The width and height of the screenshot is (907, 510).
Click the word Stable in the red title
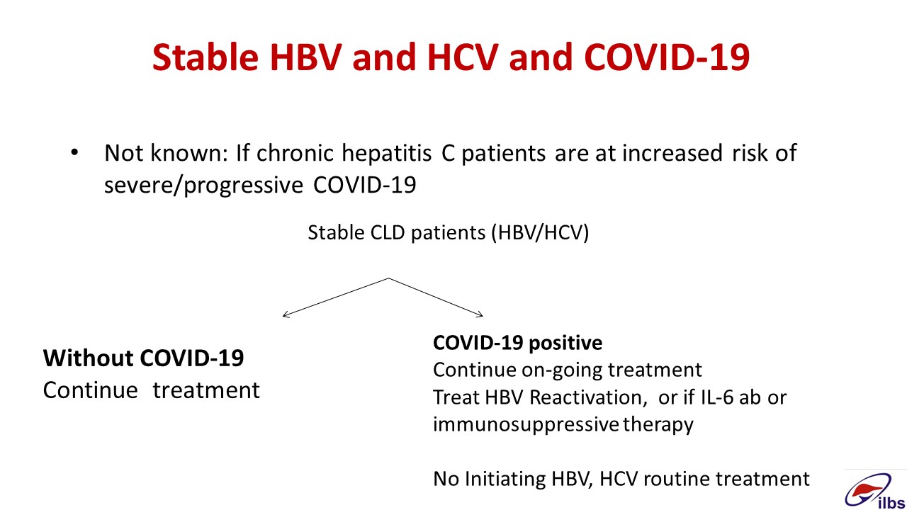click(x=205, y=57)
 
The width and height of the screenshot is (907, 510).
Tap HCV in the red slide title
click(x=463, y=57)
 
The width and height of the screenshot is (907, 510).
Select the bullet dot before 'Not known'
click(x=74, y=153)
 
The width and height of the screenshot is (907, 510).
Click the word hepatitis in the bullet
click(x=387, y=154)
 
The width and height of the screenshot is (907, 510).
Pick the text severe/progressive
click(x=203, y=186)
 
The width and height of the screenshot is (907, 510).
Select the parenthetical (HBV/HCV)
click(x=540, y=233)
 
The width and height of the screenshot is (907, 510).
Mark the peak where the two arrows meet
click(x=389, y=278)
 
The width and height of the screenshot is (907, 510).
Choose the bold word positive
click(x=565, y=344)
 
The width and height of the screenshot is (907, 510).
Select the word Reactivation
click(x=586, y=397)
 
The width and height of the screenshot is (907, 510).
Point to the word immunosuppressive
click(x=526, y=425)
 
